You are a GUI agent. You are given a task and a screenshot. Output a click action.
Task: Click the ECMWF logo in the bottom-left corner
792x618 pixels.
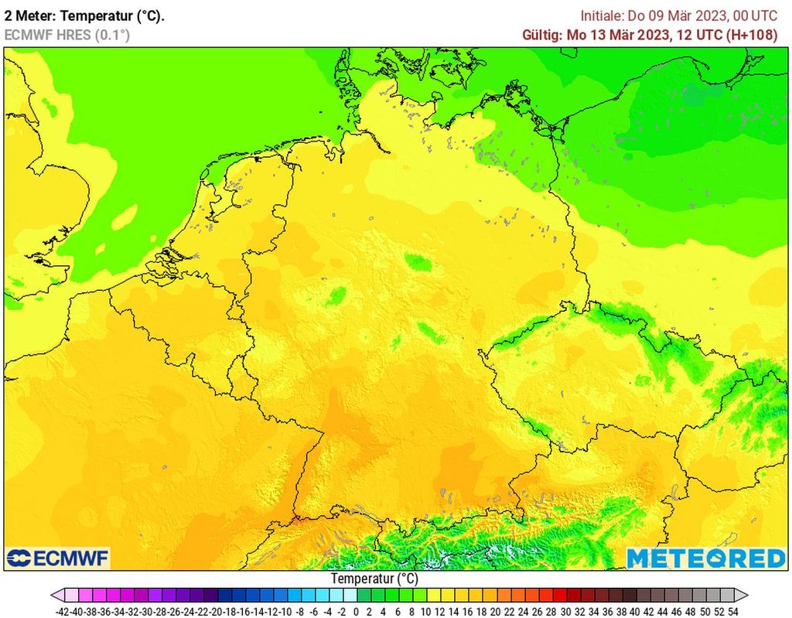click(58, 558)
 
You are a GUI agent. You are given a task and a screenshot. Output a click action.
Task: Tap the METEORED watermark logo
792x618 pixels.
click(705, 558)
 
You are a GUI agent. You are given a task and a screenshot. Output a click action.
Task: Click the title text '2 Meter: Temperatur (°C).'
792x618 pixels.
click(84, 15)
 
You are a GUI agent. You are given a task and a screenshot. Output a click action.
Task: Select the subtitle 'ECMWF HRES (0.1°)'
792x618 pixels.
click(67, 35)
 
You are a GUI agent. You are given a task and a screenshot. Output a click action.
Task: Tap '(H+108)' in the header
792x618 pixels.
click(753, 35)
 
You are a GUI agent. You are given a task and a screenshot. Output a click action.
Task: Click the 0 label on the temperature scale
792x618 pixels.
click(355, 611)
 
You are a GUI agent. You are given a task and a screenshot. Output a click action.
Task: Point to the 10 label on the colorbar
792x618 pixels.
click(424, 611)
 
